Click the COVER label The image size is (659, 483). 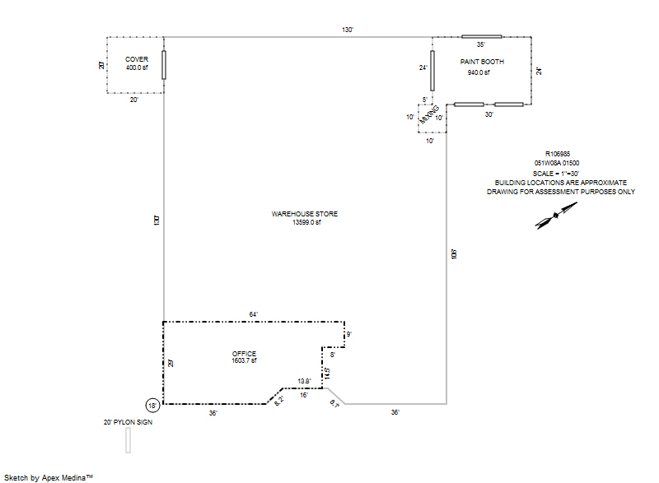(x=136, y=59)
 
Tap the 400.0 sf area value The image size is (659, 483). (x=136, y=67)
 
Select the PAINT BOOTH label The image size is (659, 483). (x=482, y=62)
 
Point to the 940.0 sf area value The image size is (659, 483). (x=479, y=72)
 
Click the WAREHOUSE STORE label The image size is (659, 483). (x=305, y=214)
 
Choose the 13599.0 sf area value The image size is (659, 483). (x=305, y=222)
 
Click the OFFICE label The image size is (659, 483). (x=244, y=354)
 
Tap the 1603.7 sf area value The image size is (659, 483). (x=244, y=361)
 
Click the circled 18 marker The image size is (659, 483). (x=152, y=405)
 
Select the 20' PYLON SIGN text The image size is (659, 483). (x=128, y=422)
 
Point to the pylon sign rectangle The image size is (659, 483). (x=128, y=440)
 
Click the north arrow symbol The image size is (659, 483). (x=548, y=218)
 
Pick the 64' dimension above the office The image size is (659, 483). (x=254, y=314)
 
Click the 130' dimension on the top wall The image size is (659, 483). (x=348, y=30)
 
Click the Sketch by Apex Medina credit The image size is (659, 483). (x=48, y=476)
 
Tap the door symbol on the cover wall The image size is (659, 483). (x=163, y=65)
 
